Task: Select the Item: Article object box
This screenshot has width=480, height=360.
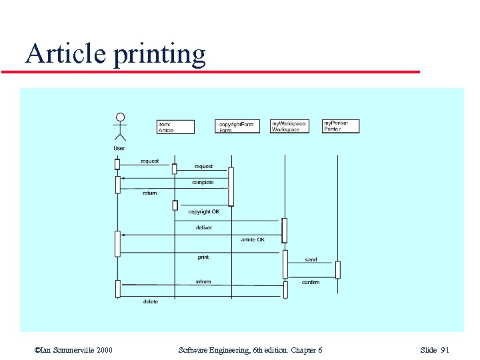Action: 176,127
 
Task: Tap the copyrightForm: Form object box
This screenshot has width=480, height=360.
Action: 239,126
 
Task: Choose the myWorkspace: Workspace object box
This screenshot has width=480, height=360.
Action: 290,126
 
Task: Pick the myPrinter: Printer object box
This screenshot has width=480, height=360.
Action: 341,125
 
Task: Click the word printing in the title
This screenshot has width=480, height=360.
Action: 160,53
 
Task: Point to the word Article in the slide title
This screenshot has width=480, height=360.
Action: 65,53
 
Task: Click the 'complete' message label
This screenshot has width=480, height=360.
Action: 203,183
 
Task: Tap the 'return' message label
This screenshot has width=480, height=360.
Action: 149,193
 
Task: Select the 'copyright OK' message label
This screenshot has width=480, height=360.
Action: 203,212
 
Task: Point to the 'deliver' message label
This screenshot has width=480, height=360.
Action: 204,228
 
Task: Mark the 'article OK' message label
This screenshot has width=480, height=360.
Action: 253,239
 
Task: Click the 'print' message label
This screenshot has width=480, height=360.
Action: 203,257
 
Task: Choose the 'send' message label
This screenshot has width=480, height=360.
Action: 311,259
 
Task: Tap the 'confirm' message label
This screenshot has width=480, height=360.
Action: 311,283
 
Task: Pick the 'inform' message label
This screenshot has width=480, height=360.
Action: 203,282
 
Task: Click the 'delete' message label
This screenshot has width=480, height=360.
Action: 151,302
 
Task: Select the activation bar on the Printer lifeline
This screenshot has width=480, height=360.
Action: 338,269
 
